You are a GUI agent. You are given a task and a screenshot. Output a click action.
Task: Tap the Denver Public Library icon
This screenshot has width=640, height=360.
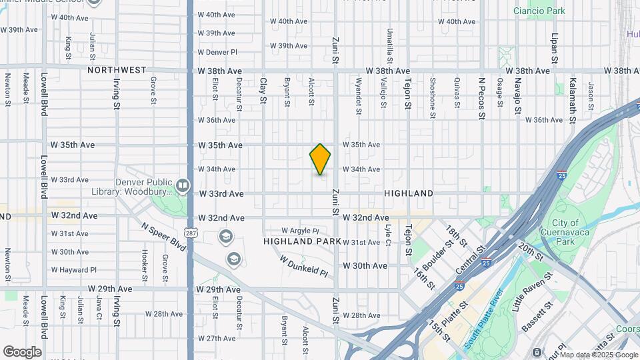coord(183,185)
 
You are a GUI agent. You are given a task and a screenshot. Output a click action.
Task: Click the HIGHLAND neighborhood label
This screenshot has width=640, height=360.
coord(409,193)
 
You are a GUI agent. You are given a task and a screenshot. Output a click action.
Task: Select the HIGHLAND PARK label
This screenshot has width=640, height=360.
coord(302,241)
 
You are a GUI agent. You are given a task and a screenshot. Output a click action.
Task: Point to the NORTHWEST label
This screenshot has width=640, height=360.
coord(116,70)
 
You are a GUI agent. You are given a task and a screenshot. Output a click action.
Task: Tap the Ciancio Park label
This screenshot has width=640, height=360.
coord(539,11)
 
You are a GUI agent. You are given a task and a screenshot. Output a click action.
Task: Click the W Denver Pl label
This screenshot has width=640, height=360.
coord(217,51)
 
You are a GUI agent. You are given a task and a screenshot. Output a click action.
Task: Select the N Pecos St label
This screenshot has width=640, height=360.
coord(481,98)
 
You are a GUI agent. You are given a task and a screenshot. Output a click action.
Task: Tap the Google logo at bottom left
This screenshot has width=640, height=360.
coord(22,351)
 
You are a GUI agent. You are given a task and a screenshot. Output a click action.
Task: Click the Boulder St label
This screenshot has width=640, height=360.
coord(437,256)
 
